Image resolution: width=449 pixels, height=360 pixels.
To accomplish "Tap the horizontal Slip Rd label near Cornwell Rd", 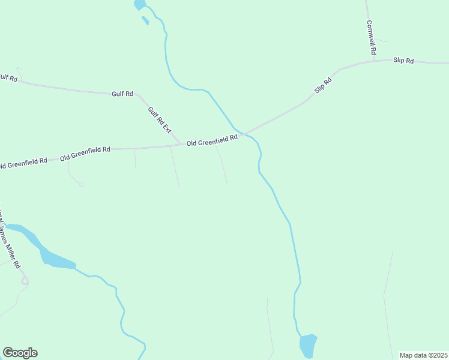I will pos(403,61).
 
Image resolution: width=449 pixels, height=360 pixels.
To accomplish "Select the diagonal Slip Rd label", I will pos(323,85).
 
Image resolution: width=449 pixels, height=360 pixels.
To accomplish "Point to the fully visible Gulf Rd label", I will pos(122,94).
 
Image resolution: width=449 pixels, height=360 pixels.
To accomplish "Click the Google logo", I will pos(20,353).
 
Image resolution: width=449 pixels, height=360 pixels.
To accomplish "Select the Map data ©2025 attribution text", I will pos(424,355).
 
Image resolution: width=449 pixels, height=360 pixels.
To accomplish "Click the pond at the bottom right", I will pos(307,346).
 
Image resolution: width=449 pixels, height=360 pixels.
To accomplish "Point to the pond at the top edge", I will pos(139,5).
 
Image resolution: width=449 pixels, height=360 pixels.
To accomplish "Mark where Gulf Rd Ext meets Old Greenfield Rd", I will pos(181,145).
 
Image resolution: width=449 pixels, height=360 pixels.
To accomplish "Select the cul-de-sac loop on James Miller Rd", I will pos(25,281).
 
